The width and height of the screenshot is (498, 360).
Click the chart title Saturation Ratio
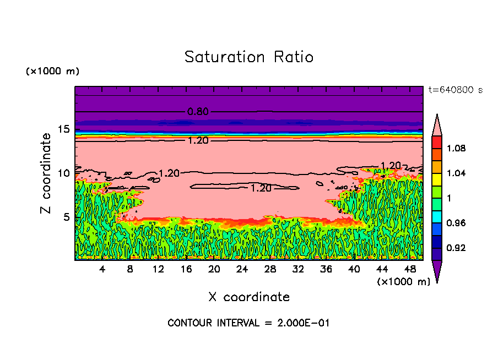249,57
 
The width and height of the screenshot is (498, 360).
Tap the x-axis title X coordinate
249,297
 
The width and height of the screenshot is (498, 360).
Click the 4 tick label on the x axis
102,269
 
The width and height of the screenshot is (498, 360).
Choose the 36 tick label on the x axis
326,269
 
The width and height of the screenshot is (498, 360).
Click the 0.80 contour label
198,112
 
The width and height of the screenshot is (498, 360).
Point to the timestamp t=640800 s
456,90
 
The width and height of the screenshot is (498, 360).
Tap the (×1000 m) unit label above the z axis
52,72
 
